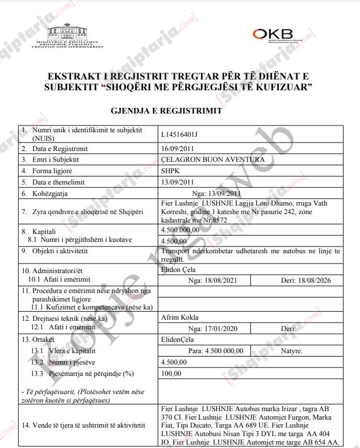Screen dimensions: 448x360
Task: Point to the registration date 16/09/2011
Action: tap(178, 149)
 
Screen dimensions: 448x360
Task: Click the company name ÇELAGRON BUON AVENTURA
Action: tap(209, 160)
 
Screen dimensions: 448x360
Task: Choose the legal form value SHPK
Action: tap(171, 171)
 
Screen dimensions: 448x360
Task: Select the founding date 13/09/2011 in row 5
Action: tap(178, 182)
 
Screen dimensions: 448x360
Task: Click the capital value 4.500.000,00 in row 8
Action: tap(181, 230)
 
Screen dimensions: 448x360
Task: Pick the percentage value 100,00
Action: tap(171, 373)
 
